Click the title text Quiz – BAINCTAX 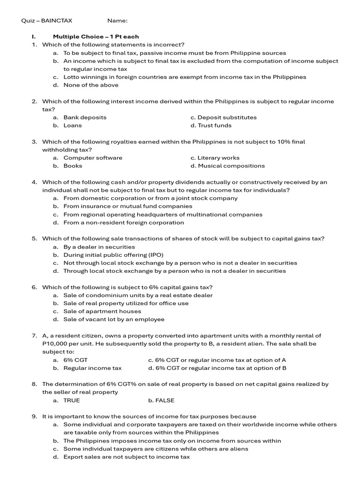[x=47, y=21]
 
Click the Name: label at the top [x=117, y=21]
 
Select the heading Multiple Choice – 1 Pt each [x=96, y=37]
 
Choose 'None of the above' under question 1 [x=91, y=85]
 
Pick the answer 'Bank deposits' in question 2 [x=85, y=117]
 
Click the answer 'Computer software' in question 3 [x=93, y=157]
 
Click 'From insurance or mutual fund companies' [x=128, y=206]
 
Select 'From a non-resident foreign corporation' [x=124, y=222]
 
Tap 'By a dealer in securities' [x=99, y=247]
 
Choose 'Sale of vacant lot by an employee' [x=114, y=319]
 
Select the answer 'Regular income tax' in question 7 [x=92, y=368]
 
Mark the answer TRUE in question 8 [x=72, y=400]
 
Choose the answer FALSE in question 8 [x=164, y=400]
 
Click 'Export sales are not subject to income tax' [x=127, y=457]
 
